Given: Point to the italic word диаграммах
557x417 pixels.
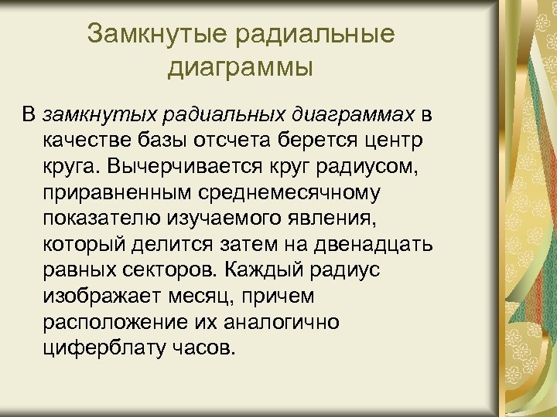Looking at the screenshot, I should point(357,116).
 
